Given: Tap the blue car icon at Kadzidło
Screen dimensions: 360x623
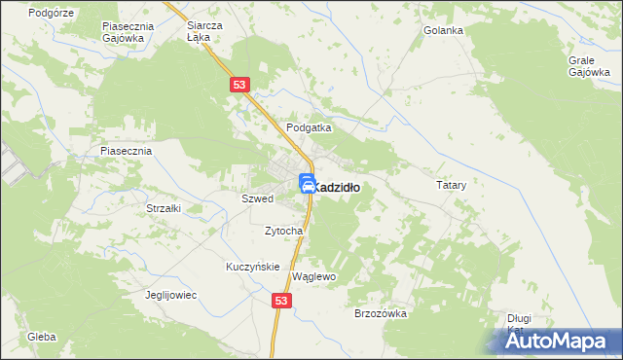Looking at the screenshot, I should point(306,183).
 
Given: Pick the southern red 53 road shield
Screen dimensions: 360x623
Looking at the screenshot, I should point(281,303).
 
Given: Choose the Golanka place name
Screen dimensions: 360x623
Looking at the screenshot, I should point(443,30).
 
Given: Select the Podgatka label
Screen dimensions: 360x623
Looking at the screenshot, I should point(309,127).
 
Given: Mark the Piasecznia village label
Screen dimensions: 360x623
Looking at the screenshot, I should point(127,152).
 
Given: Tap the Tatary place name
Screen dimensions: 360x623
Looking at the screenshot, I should point(452,184).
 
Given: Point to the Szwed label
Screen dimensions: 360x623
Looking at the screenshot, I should point(257,198).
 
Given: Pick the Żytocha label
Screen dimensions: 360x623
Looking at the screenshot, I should point(284,231).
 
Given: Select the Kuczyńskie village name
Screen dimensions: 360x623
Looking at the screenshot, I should point(253,267).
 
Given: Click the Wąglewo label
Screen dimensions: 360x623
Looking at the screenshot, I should point(313,276).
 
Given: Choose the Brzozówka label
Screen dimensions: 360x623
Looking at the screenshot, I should point(380,313).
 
